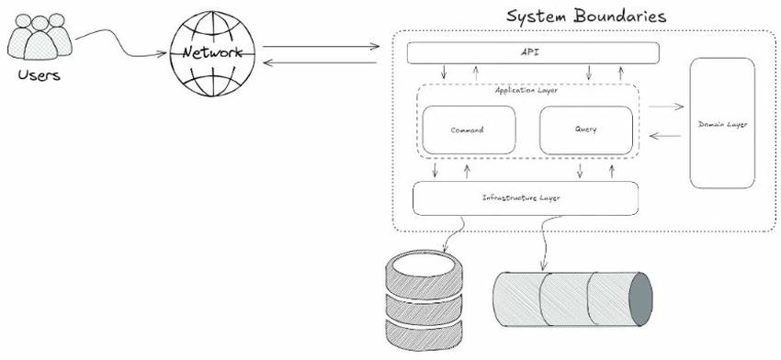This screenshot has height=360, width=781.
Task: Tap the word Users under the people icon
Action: (x=39, y=74)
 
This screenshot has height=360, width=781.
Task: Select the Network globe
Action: (x=213, y=53)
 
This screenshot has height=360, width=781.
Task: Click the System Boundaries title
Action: (x=586, y=17)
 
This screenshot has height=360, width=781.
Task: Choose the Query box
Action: (x=585, y=129)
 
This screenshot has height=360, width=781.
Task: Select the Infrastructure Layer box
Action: (x=526, y=197)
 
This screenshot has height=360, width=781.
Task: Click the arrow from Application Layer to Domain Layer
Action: (x=663, y=107)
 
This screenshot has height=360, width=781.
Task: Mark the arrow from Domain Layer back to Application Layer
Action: (x=664, y=136)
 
